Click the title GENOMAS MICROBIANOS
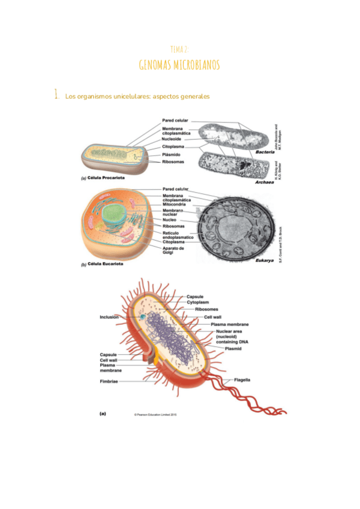179,65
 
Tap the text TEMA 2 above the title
179,49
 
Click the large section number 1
55,94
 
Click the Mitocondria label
177,204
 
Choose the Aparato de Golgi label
174,250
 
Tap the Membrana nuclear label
174,212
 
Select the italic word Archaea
264,182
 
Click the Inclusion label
109,316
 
